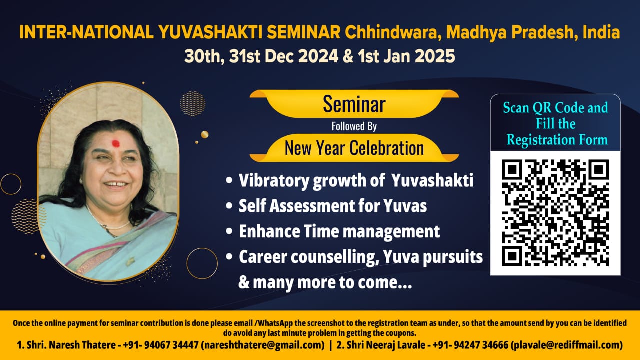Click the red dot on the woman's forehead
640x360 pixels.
tap(115, 143)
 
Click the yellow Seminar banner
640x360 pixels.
tap(354, 104)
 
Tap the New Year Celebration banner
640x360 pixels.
tap(354, 148)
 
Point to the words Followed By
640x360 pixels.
tap(354, 126)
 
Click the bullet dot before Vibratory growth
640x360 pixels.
tap(229, 180)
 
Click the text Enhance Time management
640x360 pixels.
tap(339, 231)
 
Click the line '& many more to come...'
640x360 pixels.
tap(325, 282)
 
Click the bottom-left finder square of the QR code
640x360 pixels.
tap(512, 256)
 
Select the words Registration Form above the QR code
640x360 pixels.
tap(557, 140)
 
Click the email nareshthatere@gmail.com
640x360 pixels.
tap(263, 345)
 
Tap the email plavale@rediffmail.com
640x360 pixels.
tap(567, 345)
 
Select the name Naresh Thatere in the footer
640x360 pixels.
tap(82, 345)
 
